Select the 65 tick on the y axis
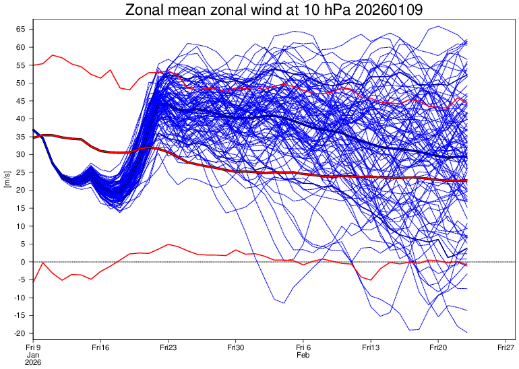[21, 30]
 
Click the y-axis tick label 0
[23, 262]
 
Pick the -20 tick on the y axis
[20, 333]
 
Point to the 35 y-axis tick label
[21, 137]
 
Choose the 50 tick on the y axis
[21, 83]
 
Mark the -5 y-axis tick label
[22, 279]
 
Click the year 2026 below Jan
[33, 363]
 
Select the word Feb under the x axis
[303, 356]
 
